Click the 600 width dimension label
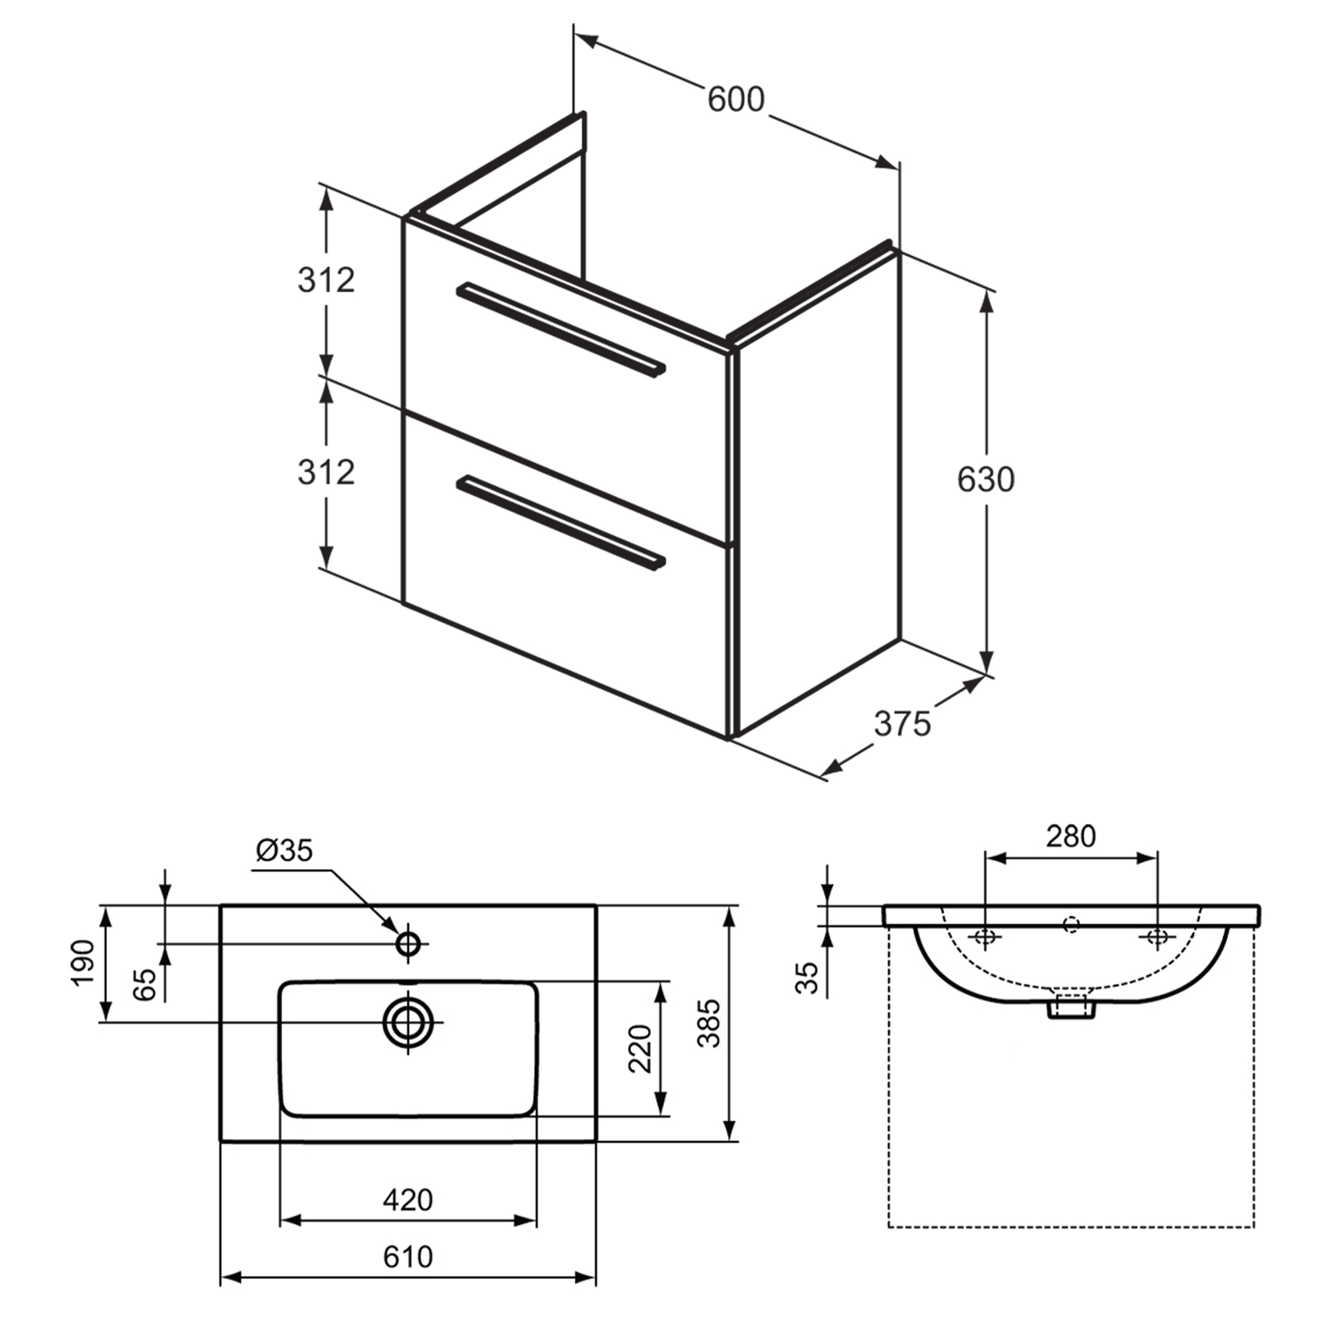tap(735, 100)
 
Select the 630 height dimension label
tap(985, 479)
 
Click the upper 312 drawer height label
tap(326, 280)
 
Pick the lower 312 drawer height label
tap(326, 472)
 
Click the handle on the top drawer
tap(561, 330)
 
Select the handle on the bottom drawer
tap(561, 523)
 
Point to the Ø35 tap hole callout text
tap(284, 850)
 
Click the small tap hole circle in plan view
tap(408, 943)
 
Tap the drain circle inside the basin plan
tap(408, 1021)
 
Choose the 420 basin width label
tap(408, 1199)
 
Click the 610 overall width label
tap(408, 1256)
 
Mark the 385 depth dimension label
tap(709, 1023)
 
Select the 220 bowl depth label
tap(640, 1048)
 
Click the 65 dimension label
tap(144, 984)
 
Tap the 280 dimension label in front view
tap(1070, 836)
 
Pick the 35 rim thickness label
tap(807, 977)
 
